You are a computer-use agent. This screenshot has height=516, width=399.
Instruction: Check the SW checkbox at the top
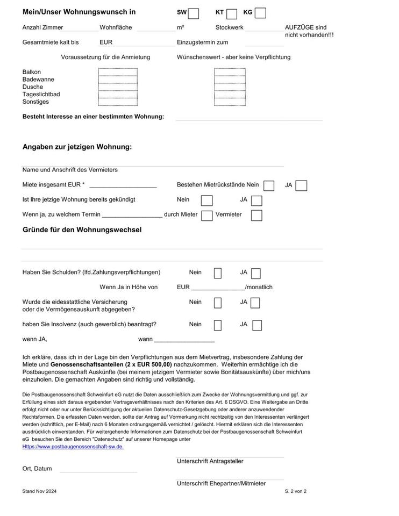194,13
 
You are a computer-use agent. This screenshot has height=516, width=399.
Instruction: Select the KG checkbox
260,13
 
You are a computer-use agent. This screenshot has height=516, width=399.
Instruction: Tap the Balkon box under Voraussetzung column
118,72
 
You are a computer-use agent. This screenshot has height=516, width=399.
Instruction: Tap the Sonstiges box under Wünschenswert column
230,102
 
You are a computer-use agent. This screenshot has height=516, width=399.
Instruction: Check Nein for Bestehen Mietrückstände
269,185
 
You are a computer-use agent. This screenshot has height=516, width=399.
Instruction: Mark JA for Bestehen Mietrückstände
301,185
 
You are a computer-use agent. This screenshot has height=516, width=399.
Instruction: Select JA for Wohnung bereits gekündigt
256,200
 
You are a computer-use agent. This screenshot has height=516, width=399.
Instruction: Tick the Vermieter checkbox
256,215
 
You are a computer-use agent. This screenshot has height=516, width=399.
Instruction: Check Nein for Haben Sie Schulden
218,273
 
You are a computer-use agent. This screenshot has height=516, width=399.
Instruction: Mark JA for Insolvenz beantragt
257,325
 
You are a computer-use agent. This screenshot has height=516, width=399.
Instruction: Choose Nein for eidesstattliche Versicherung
218,303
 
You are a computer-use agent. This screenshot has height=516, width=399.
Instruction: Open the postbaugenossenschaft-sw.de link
73,447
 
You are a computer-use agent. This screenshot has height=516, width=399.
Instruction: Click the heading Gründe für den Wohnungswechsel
82,230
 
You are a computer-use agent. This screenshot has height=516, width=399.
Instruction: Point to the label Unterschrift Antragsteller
210,461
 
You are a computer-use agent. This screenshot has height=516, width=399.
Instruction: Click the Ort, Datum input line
98,469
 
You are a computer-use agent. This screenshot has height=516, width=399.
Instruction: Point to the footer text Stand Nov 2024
39,491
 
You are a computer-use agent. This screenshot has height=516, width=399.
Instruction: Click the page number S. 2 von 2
295,491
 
